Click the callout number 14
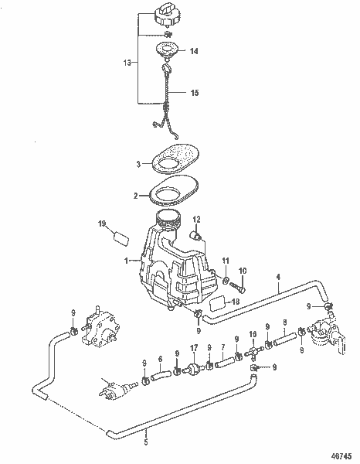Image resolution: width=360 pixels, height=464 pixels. coord(194,51)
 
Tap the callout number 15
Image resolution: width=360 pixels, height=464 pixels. coord(195,93)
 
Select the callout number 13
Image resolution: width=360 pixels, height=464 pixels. coord(127,63)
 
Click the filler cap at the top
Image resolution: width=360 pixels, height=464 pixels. coord(167,15)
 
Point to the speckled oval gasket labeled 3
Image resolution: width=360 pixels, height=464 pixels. coord(175,159)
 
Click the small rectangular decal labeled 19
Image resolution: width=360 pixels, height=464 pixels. coord(121,238)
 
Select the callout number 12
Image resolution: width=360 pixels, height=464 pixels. coord(196,220)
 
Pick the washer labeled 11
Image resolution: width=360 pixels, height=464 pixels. coord(226,279)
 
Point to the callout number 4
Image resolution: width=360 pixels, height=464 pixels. coord(278,278)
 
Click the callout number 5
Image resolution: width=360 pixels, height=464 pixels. coord(146,442)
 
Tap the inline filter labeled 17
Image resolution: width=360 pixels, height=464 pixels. coord(192,369)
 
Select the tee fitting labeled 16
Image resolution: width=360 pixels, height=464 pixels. coord(253,352)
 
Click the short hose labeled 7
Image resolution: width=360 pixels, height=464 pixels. coord(226,362)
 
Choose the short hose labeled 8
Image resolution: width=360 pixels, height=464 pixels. coord(285,339)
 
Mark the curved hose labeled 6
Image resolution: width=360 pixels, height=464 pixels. coord(161,375)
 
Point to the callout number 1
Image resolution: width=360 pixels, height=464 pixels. coord(126,261)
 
